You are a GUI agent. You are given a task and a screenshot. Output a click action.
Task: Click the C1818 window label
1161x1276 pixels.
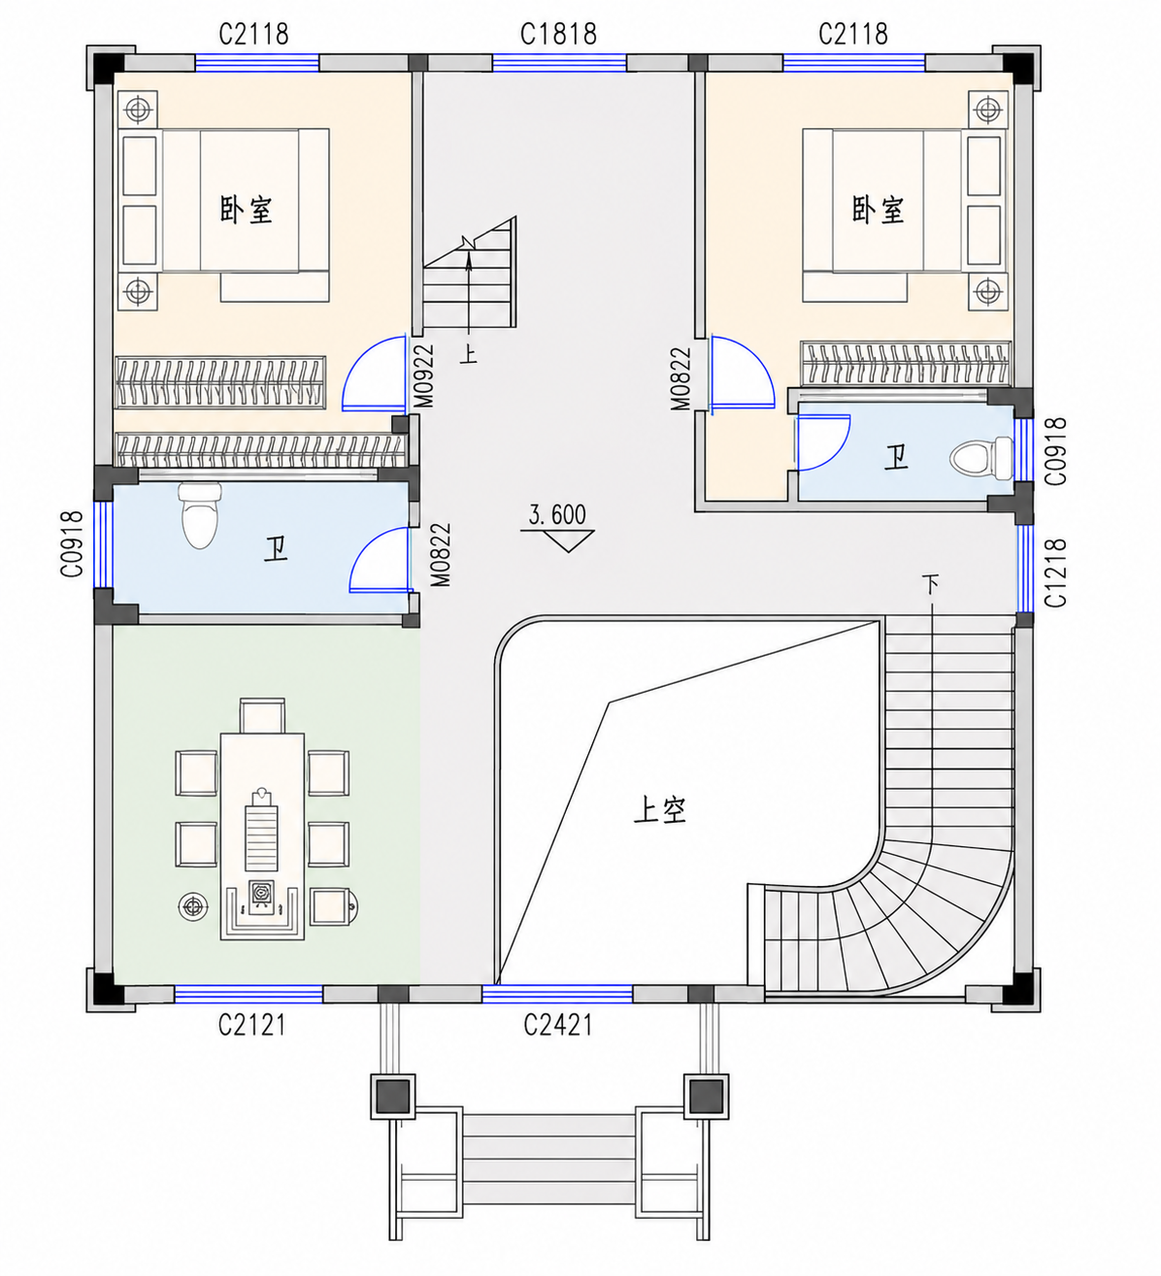pos(558,34)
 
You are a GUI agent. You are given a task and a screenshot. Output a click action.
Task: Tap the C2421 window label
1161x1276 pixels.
pos(557,1025)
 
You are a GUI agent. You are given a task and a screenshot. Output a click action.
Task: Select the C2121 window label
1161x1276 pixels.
pos(251,1025)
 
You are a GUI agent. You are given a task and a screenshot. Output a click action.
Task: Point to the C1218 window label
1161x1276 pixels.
pos(1056,573)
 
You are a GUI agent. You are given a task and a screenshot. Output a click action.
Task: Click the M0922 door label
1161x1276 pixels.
pos(423,376)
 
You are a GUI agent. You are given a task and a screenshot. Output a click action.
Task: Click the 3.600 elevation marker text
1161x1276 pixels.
pos(557,515)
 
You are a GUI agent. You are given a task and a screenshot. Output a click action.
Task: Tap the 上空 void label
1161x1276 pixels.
pos(660,811)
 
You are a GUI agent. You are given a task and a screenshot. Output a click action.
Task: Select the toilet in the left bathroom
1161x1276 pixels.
pos(200,515)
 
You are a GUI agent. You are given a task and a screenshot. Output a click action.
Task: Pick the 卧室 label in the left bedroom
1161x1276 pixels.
pos(246,209)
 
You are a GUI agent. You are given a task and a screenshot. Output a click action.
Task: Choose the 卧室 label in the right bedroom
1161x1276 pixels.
pos(878,209)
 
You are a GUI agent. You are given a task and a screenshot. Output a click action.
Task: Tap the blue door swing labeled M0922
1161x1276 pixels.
pos(374,374)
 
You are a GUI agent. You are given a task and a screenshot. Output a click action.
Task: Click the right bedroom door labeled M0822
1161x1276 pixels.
pos(743,374)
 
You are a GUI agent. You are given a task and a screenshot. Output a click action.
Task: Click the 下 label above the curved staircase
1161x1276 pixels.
pos(931,583)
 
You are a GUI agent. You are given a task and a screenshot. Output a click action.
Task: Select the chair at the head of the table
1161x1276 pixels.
pos(262,715)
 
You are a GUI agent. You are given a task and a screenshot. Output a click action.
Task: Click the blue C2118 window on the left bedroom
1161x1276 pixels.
pos(257,62)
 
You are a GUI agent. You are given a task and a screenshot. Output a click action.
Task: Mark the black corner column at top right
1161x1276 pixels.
pos(1019,67)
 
